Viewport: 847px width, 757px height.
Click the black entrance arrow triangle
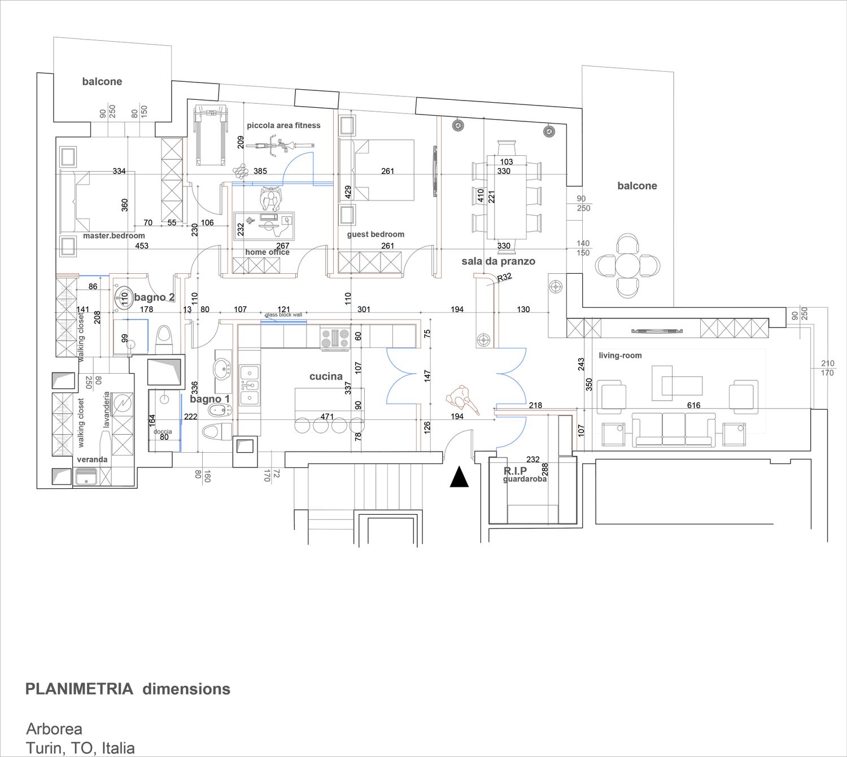[459, 477]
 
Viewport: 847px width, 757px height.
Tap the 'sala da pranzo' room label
[499, 261]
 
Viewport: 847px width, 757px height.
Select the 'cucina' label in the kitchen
[326, 376]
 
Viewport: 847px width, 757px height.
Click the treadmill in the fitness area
[211, 136]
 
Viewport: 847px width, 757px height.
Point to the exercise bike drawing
[279, 146]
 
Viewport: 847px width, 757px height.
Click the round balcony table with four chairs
[627, 265]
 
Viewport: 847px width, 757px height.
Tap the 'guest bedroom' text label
[376, 234]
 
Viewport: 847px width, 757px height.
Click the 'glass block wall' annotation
[283, 315]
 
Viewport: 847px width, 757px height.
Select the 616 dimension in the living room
[693, 405]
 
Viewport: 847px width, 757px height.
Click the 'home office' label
[268, 252]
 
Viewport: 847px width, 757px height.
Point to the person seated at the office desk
[270, 199]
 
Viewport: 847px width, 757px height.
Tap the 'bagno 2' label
[154, 297]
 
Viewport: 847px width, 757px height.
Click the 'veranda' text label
[92, 460]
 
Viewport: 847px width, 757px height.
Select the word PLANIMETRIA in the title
[80, 689]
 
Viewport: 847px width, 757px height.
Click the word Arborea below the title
[54, 729]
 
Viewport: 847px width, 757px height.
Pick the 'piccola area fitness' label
[283, 125]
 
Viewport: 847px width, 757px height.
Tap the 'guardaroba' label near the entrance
[525, 479]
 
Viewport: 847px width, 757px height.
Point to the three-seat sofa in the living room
[674, 429]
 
